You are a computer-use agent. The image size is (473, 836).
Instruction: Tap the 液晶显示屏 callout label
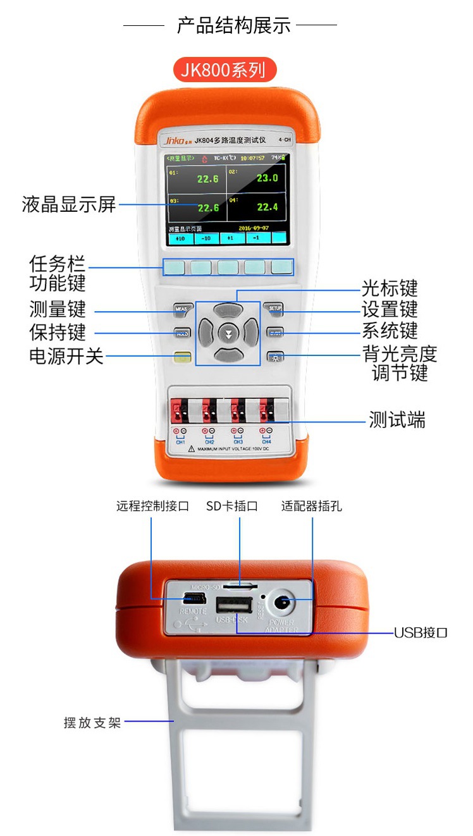coord(69,205)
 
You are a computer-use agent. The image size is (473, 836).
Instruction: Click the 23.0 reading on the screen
coord(267,178)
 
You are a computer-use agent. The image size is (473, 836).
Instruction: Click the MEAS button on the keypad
coord(181,309)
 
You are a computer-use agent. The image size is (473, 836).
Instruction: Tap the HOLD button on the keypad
coord(181,333)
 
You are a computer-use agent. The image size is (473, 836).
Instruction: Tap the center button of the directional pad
coord(228,333)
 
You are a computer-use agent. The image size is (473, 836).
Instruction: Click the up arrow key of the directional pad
coord(228,310)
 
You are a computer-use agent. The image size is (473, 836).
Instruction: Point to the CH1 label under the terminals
coord(180,441)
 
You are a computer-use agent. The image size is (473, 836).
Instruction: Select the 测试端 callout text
coord(396,420)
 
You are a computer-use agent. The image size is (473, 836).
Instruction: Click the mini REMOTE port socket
coord(193,598)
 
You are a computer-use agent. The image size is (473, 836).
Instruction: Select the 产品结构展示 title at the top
coord(233,25)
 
